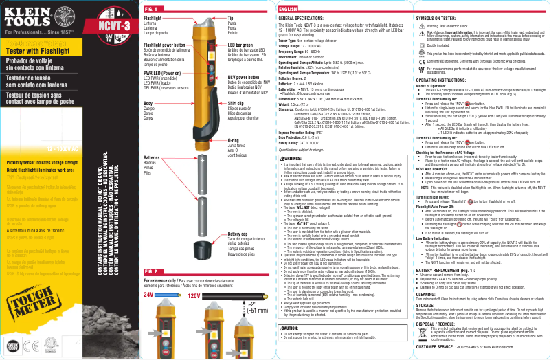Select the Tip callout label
click(231, 17)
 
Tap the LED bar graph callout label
click(241, 43)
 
